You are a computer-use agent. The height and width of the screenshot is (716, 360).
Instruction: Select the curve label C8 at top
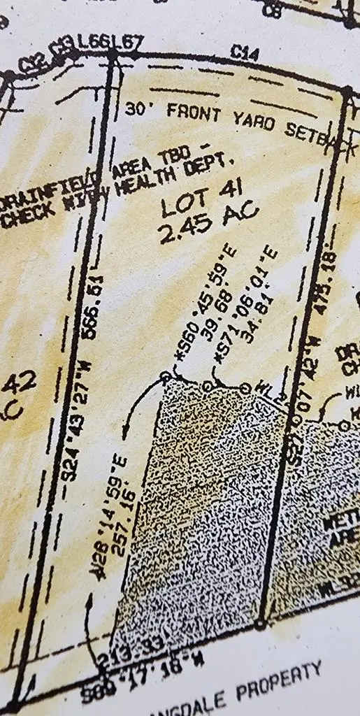pyautogui.click(x=274, y=10)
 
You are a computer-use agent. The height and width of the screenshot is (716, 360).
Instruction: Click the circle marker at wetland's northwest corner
pyautogui.click(x=166, y=376)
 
